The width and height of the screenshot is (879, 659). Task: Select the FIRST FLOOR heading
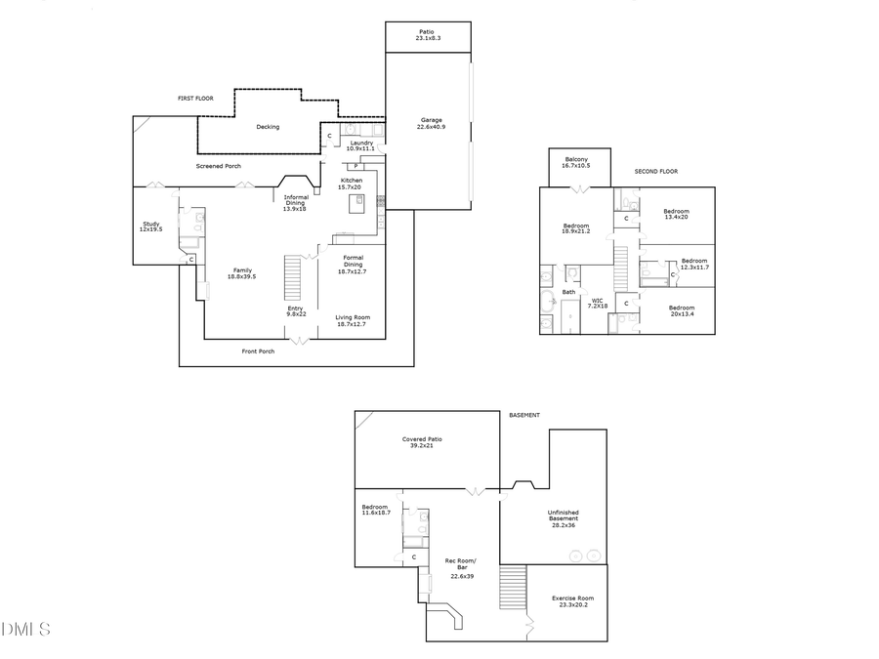(195, 99)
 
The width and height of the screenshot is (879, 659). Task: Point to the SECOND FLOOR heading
(655, 171)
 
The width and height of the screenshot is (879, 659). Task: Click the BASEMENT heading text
(524, 415)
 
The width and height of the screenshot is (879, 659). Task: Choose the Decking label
(268, 127)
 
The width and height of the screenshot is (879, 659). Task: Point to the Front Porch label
(259, 351)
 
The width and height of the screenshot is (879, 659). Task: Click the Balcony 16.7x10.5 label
(576, 163)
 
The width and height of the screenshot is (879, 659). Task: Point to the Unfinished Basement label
(564, 517)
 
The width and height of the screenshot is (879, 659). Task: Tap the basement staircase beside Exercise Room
(513, 587)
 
